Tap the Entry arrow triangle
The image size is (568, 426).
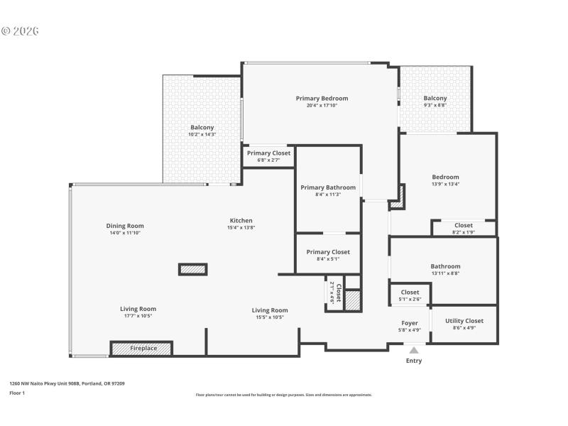point(413,349)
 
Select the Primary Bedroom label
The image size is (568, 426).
point(322,98)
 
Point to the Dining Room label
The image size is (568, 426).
point(125,226)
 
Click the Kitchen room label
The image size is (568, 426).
point(241,220)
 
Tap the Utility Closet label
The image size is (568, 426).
point(464,321)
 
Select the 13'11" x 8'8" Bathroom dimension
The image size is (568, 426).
point(445,273)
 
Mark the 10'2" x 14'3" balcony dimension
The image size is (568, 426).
point(202,134)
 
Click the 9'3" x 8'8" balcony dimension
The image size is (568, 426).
point(435,105)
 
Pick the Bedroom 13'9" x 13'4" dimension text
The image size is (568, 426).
point(445,184)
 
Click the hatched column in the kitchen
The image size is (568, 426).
point(192,269)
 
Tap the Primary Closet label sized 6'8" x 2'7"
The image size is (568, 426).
point(268,153)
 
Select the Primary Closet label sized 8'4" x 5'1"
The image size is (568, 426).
point(328,252)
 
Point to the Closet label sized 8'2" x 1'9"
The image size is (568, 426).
point(464,225)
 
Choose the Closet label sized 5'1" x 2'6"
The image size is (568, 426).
point(410,292)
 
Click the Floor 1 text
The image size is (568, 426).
point(16,393)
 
